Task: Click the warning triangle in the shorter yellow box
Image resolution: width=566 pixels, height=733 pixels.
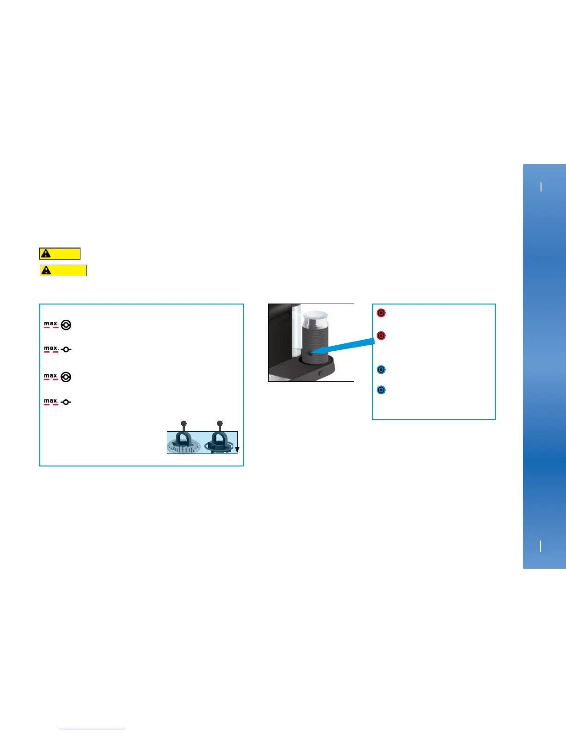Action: click(x=46, y=254)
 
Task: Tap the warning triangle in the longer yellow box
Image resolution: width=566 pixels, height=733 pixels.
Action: click(x=46, y=270)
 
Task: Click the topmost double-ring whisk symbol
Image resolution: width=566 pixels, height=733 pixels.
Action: click(x=66, y=325)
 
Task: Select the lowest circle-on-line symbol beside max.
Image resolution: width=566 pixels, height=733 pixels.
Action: click(x=66, y=402)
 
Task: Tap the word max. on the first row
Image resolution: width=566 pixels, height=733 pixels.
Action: click(x=51, y=323)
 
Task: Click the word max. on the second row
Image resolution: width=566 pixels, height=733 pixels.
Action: click(x=51, y=348)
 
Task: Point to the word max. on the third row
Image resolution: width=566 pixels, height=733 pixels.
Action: click(x=51, y=376)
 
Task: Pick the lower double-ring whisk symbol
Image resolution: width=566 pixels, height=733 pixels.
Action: click(x=66, y=377)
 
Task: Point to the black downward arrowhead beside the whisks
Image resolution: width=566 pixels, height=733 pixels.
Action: click(x=237, y=450)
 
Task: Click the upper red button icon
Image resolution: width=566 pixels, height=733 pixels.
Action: click(x=381, y=313)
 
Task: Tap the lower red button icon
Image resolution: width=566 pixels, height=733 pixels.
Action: click(x=381, y=335)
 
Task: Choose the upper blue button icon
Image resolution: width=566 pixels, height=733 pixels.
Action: click(x=381, y=370)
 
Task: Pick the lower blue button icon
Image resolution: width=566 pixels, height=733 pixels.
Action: click(x=381, y=390)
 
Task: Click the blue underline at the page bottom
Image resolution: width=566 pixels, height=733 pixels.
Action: click(x=92, y=729)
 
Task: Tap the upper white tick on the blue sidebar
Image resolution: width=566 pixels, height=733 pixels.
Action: click(x=541, y=187)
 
